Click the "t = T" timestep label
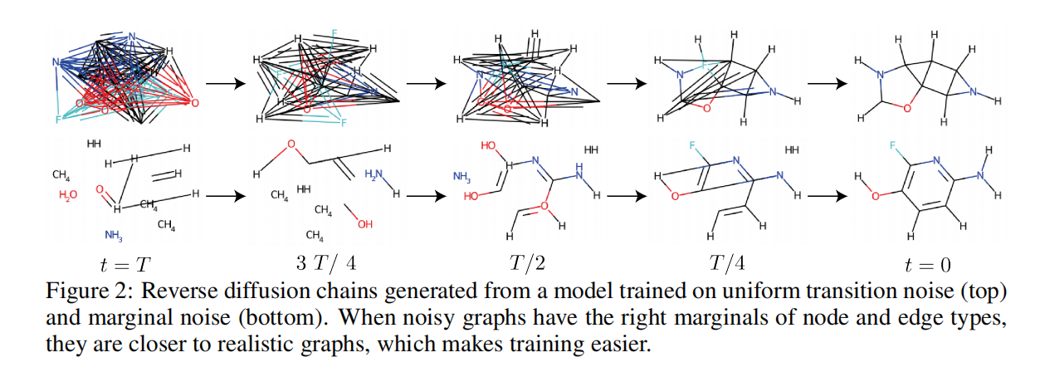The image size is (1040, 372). pyautogui.click(x=120, y=265)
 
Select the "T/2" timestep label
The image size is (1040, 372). pyautogui.click(x=525, y=264)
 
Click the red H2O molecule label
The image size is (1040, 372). pyautogui.click(x=70, y=196)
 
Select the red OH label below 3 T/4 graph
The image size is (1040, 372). pyautogui.click(x=365, y=224)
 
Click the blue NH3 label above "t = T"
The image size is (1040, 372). pyautogui.click(x=114, y=234)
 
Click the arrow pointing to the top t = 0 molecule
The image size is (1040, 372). pyautogui.click(x=828, y=83)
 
